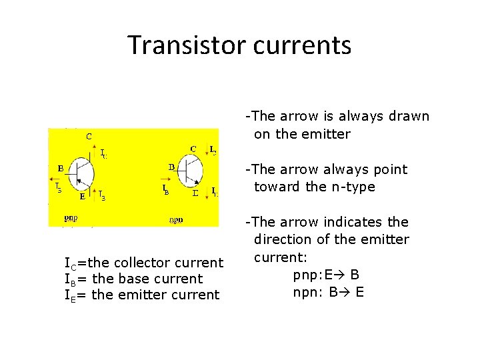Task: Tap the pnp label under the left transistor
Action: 70,217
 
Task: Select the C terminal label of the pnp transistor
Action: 89,136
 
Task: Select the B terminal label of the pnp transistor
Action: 60,168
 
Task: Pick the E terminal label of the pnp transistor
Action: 82,197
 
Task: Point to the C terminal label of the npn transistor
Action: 193,149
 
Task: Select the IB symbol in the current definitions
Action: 68,279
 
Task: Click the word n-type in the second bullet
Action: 351,187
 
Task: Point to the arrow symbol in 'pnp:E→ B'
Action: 338,275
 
